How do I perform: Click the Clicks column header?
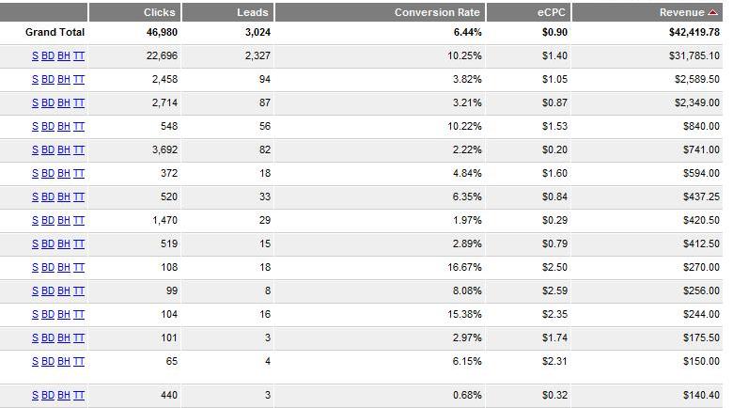160,12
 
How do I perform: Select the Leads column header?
253,12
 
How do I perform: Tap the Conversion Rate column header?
437,12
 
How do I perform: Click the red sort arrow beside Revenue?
712,12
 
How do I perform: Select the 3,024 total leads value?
255,33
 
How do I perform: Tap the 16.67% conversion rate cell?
465,267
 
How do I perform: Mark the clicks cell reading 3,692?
164,149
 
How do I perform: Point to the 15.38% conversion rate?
465,314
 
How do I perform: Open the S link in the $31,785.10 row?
35,56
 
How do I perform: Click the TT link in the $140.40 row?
79,396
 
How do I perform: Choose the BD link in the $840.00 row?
48,126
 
